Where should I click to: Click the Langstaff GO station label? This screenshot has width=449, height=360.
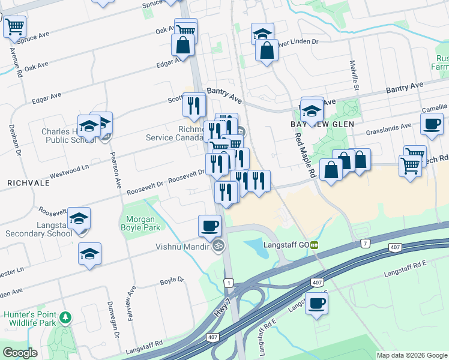tap(285, 245)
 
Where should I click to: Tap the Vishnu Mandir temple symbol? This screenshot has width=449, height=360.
tap(219, 245)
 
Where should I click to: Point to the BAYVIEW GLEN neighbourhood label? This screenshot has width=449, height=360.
tap(325, 123)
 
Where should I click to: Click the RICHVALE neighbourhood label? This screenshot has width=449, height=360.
tap(23, 180)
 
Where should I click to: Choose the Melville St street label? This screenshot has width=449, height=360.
tap(355, 75)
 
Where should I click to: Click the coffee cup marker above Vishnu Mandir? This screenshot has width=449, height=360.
tap(209, 226)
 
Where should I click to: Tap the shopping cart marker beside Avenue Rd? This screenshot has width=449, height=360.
tap(14, 26)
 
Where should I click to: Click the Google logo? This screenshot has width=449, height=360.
tap(20, 353)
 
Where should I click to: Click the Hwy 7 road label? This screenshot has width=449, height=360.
tap(221, 307)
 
